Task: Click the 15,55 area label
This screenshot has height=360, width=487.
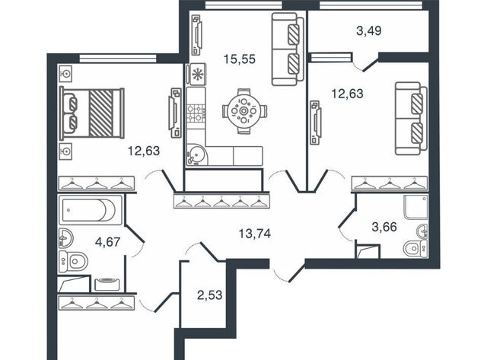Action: point(240,59)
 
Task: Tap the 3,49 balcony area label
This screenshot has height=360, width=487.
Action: point(368,30)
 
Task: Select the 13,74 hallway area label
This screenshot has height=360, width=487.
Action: point(255,233)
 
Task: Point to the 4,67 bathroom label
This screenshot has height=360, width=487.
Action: point(107,241)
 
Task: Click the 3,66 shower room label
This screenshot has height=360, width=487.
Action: point(384,227)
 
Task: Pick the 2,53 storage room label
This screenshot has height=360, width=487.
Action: point(210,295)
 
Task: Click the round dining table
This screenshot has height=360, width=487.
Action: point(244,111)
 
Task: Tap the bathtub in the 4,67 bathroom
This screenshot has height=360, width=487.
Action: point(91,209)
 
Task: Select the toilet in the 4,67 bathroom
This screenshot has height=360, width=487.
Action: point(73,261)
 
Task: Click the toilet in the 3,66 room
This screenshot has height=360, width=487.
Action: point(415,248)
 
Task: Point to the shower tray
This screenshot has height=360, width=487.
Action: point(415,207)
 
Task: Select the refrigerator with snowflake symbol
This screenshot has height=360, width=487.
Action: point(196,75)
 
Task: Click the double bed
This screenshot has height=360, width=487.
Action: point(92,113)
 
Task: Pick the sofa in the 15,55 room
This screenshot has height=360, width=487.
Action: point(288,49)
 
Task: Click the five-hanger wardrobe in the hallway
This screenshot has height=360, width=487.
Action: point(221,200)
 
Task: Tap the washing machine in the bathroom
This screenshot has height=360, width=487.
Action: point(107,284)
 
